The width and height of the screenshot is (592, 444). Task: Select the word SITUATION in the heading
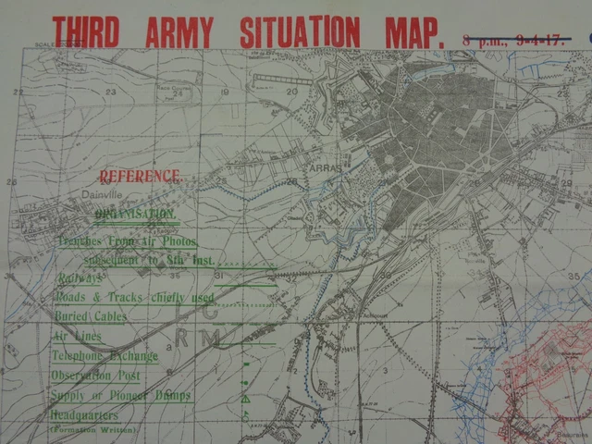300,31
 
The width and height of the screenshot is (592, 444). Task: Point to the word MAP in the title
408,31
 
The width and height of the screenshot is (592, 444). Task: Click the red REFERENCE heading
141,176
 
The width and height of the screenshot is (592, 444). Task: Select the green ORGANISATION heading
136,215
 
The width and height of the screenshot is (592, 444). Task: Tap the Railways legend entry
80,277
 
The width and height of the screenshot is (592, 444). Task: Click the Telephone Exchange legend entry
105,356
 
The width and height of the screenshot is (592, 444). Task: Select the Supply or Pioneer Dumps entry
121,396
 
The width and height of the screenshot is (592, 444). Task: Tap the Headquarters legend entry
92,416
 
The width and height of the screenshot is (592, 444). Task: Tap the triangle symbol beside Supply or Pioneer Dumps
246,399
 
